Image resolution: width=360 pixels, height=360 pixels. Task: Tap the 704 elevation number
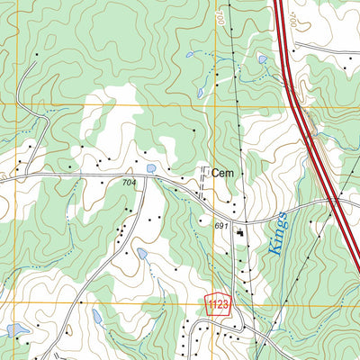[x=130, y=182]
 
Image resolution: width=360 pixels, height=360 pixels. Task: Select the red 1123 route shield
[x=218, y=305]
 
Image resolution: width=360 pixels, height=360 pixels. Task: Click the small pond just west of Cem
[x=150, y=167]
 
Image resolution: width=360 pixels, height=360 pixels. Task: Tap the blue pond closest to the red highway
[x=262, y=59]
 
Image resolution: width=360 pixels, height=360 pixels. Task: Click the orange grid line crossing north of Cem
[x=215, y=105]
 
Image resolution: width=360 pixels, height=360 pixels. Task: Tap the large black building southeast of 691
[x=240, y=234]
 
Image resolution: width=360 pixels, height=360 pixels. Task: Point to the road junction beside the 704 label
[x=145, y=176]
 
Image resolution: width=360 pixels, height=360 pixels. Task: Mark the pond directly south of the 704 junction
[x=141, y=254]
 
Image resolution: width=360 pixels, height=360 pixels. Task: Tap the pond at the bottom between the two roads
[x=97, y=316]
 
